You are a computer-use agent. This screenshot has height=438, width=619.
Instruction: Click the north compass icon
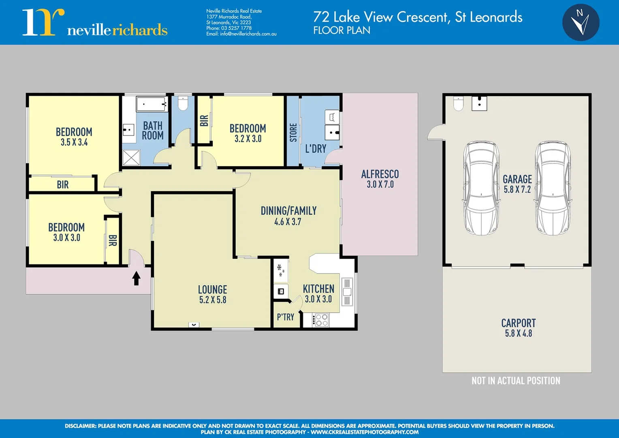(581, 22)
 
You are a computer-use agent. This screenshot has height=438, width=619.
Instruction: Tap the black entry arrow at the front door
(137, 278)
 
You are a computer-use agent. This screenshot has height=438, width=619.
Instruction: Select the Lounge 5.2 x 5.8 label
(212, 294)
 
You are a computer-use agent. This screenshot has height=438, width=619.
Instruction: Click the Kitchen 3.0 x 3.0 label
(318, 294)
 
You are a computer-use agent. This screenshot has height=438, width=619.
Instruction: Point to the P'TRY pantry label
(286, 317)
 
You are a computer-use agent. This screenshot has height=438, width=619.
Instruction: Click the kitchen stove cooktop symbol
(321, 320)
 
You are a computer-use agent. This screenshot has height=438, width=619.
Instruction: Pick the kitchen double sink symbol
(347, 292)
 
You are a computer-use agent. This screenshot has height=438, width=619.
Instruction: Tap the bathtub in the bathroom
(152, 104)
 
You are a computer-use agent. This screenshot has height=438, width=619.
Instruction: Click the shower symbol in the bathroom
(131, 158)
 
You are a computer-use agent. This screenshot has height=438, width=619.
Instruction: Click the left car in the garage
(481, 188)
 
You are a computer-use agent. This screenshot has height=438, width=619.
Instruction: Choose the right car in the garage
(553, 188)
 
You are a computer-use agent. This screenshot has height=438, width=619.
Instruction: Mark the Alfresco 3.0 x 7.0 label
(380, 179)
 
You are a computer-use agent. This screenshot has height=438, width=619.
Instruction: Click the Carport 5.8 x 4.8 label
(518, 328)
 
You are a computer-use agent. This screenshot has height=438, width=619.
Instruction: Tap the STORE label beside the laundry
(293, 133)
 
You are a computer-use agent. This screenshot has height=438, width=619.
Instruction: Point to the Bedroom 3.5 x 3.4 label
(74, 137)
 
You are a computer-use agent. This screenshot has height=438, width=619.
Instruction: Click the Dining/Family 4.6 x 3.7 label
(288, 216)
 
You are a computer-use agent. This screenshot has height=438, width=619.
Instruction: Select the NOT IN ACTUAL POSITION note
(516, 381)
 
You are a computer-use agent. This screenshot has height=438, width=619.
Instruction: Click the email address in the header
(241, 34)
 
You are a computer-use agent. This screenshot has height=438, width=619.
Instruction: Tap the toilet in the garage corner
(458, 103)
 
